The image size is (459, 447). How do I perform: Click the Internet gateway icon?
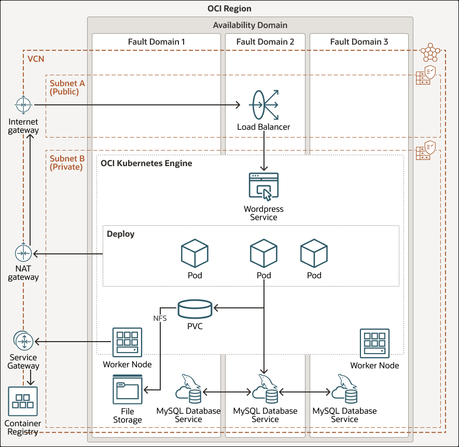23,105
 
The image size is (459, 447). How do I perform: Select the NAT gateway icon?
23,253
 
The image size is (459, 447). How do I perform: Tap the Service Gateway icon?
23,341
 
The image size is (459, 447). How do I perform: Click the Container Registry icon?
23,401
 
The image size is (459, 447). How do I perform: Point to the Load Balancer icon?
263,105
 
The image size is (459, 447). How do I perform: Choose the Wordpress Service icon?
263,186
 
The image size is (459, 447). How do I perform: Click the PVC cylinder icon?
194,309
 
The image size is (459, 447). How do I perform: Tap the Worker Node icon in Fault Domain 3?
374,343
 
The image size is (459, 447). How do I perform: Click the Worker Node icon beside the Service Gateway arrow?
127,342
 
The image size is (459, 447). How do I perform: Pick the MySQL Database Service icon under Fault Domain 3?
344,389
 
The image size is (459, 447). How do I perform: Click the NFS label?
160,318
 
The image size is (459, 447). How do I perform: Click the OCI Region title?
229,9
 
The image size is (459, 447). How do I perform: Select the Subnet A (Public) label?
67,87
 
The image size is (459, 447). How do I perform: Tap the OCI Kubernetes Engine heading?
146,164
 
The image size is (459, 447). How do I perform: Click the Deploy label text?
120,234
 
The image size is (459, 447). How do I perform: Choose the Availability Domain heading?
250,25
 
